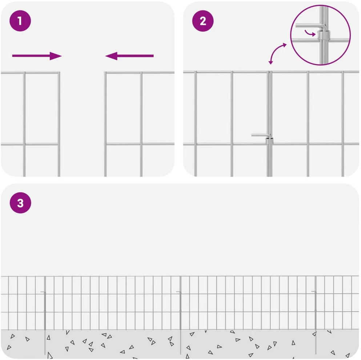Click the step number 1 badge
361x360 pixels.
pyautogui.click(x=20, y=21)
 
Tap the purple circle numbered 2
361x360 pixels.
pyautogui.click(x=203, y=21)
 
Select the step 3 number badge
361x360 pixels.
pyautogui.click(x=20, y=203)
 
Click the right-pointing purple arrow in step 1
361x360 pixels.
pyautogui.click(x=37, y=56)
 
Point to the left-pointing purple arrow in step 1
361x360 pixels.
pyautogui.click(x=129, y=56)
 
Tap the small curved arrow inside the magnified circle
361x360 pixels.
pyautogui.click(x=310, y=33)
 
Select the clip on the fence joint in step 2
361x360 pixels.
pyautogui.click(x=269, y=141)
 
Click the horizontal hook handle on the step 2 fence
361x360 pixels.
pyautogui.click(x=261, y=135)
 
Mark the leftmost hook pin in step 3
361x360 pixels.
pyautogui.click(x=43, y=292)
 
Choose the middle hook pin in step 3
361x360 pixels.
pyautogui.click(x=179, y=292)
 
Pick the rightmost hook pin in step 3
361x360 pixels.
pyautogui.click(x=314, y=292)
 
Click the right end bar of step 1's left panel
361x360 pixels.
pyautogui.click(x=59, y=124)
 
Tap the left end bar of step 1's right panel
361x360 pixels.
pyautogui.click(x=105, y=124)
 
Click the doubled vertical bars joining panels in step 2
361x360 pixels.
pyautogui.click(x=269, y=124)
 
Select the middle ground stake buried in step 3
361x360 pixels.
pyautogui.click(x=180, y=342)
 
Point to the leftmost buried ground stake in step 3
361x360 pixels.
pyautogui.click(x=45, y=342)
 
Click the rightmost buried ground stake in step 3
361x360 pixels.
pyautogui.click(x=316, y=342)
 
